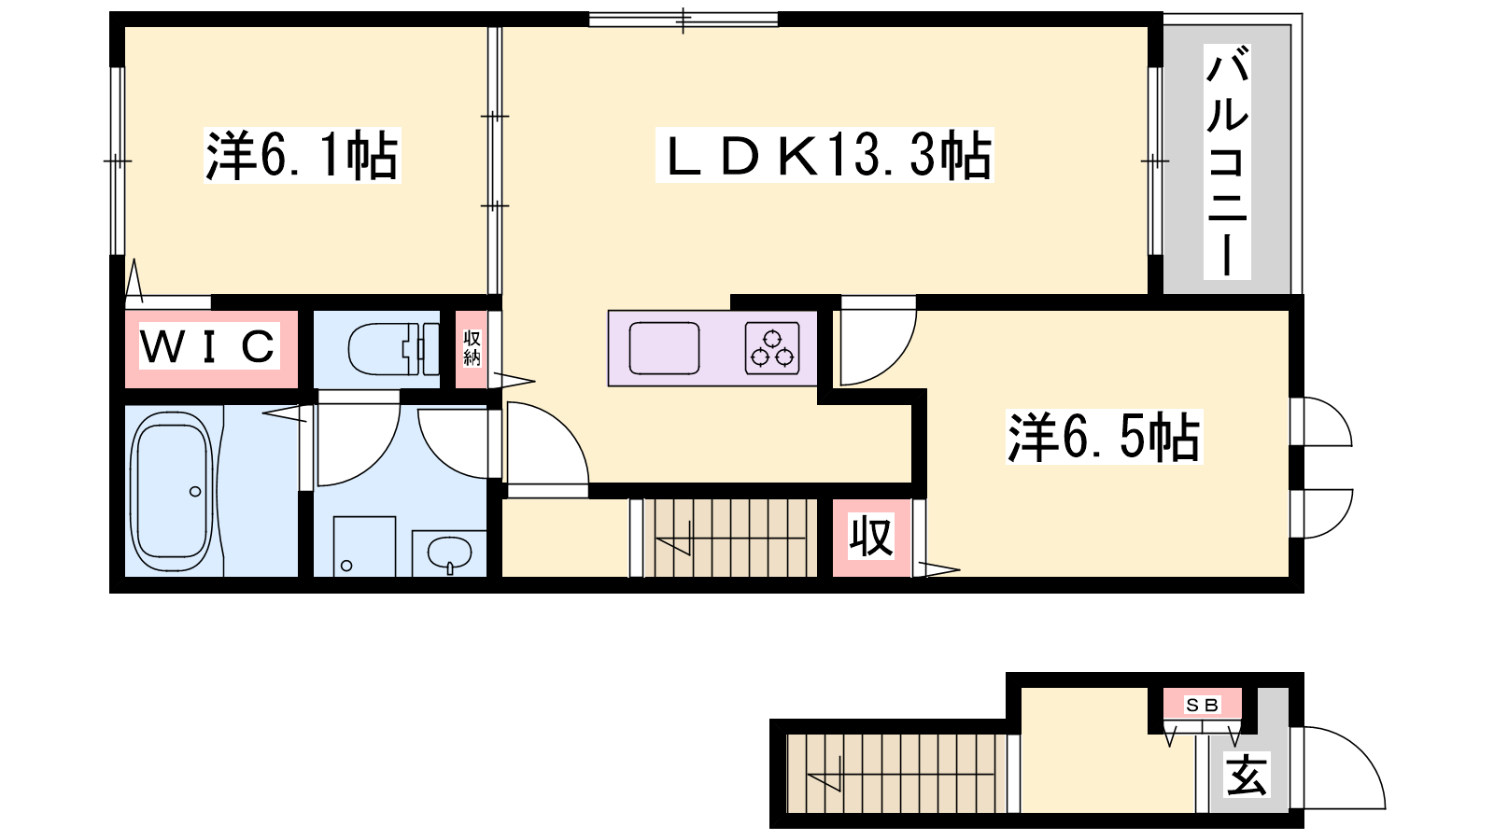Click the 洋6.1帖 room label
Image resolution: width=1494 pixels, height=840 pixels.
pyautogui.click(x=303, y=155)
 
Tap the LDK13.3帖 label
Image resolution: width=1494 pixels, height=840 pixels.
pyautogui.click(x=825, y=155)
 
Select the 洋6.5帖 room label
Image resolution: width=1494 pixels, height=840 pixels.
pyautogui.click(x=1104, y=437)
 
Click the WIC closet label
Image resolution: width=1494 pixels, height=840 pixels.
pyautogui.click(x=209, y=345)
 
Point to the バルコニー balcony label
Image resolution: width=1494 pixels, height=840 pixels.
pyautogui.click(x=1227, y=161)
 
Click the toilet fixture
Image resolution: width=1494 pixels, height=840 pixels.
pyautogui.click(x=393, y=349)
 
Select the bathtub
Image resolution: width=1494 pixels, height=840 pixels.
pyautogui.click(x=172, y=491)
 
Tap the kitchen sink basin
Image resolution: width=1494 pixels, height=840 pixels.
pyautogui.click(x=664, y=348)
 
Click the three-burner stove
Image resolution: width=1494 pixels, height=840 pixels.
pyautogui.click(x=772, y=348)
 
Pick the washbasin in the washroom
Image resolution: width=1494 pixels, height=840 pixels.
pyautogui.click(x=449, y=554)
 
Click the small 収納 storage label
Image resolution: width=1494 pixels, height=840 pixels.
pyautogui.click(x=472, y=348)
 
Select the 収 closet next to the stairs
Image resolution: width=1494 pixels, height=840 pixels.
pyautogui.click(x=871, y=537)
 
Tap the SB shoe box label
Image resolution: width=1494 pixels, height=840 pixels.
pyautogui.click(x=1203, y=705)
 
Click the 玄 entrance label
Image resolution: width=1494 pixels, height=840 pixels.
pyautogui.click(x=1247, y=775)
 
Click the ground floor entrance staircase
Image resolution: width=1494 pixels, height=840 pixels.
pyautogui.click(x=896, y=774)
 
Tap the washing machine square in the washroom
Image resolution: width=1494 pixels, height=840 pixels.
pyautogui.click(x=364, y=546)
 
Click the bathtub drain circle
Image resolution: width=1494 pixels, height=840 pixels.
pyautogui.click(x=195, y=491)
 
